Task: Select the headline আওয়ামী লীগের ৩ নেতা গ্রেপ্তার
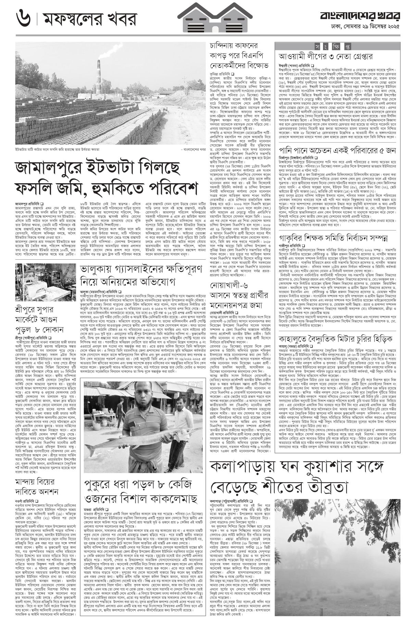(319, 56)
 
